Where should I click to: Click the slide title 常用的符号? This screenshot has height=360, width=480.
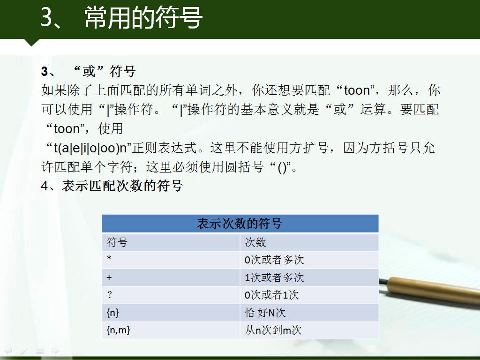[x=143, y=17]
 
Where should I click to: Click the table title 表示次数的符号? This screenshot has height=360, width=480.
[x=239, y=224]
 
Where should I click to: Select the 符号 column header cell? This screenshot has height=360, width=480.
[x=171, y=242]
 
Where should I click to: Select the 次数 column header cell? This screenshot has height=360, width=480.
[x=309, y=242]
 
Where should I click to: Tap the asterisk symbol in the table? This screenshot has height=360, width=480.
[x=109, y=258]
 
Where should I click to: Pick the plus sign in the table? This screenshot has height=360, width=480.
[x=109, y=277]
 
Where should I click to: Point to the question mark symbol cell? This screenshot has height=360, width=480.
[x=171, y=295]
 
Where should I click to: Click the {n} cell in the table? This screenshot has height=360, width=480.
[x=171, y=313]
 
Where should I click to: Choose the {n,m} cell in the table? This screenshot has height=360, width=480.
[x=171, y=330]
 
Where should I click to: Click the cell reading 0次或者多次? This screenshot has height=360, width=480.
[x=309, y=260]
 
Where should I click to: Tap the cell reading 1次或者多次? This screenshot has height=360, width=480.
[x=309, y=277]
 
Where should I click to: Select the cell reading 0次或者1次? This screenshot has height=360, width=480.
[x=309, y=295]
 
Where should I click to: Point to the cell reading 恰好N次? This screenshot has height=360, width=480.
[x=309, y=313]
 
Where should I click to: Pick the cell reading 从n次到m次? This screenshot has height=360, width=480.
[x=309, y=330]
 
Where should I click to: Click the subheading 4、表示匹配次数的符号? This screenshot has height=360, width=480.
[x=112, y=186]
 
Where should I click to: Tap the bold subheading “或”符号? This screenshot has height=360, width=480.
[x=104, y=71]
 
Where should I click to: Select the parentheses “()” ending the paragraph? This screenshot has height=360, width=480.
[x=282, y=168]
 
